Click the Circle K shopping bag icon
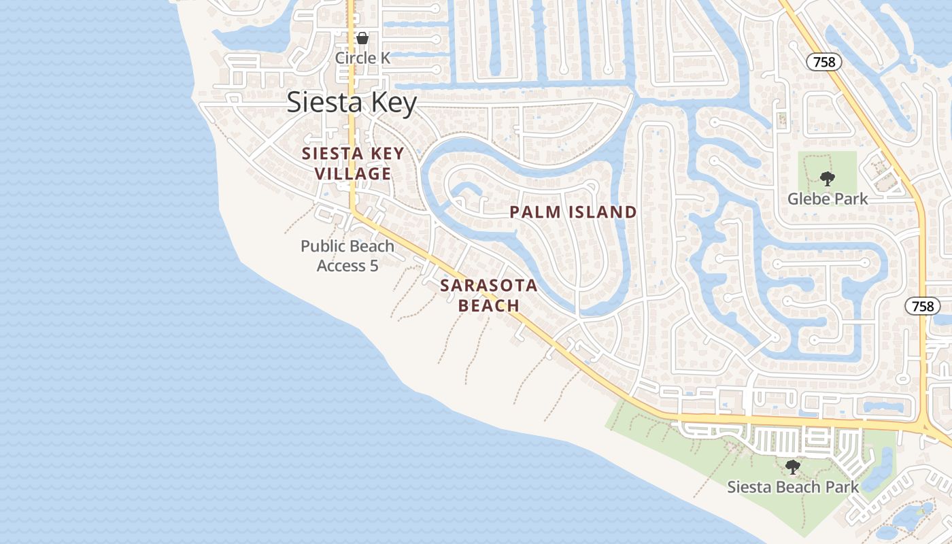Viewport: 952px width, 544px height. coord(362,38)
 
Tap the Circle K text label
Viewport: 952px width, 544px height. coord(362,58)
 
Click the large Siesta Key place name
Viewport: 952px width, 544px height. coord(351,103)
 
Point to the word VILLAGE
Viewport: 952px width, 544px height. coord(352,174)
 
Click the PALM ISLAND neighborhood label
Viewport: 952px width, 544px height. coord(573,212)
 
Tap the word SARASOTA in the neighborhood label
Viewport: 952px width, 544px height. coord(488,286)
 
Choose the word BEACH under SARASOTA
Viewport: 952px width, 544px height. coord(488,306)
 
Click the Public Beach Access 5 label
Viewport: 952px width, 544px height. coord(347,256)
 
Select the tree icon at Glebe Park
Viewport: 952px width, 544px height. coord(827,179)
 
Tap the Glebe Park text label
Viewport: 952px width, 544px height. coord(828,199)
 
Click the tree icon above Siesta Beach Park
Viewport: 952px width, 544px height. coord(792,467)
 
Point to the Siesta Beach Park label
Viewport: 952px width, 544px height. coord(793,487)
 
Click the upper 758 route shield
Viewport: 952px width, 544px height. coord(824,62)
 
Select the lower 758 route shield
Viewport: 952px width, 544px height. coord(923,306)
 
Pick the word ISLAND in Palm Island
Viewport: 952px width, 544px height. coord(602,212)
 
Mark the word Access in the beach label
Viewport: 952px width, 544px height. coord(341,266)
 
